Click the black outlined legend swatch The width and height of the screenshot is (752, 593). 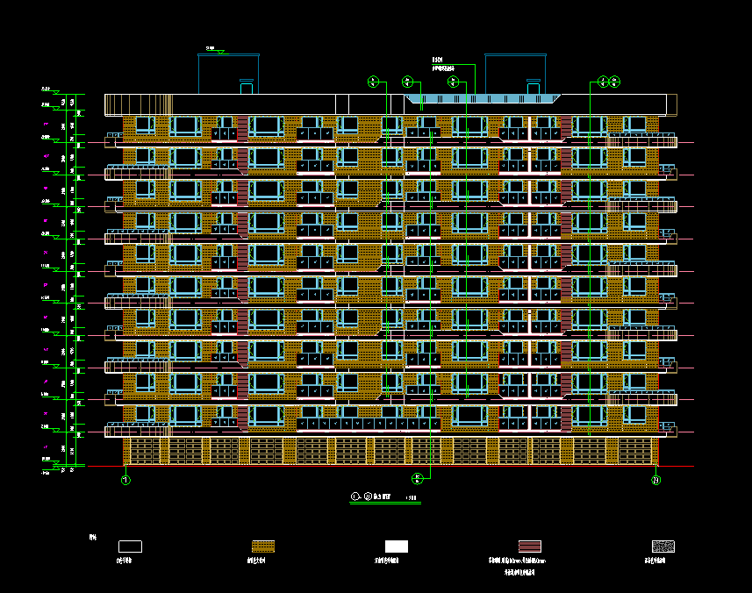pyautogui.click(x=130, y=547)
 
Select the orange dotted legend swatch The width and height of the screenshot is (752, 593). pyautogui.click(x=263, y=547)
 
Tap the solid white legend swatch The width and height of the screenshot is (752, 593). pyautogui.click(x=397, y=547)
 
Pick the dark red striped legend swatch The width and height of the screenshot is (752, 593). pyautogui.click(x=529, y=547)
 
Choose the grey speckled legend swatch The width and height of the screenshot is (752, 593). pyautogui.click(x=662, y=547)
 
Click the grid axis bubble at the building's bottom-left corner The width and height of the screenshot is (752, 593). pyautogui.click(x=125, y=480)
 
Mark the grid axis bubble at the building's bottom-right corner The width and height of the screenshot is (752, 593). pyautogui.click(x=655, y=480)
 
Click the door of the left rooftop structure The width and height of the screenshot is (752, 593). pyautogui.click(x=247, y=87)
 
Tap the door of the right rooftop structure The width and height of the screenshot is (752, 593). pyautogui.click(x=533, y=87)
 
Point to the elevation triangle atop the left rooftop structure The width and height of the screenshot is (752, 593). pyautogui.click(x=220, y=51)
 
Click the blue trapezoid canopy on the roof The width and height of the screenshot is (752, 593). pyautogui.click(x=483, y=99)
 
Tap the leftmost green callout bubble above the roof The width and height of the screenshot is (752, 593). pyautogui.click(x=373, y=82)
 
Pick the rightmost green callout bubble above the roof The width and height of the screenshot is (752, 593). pyautogui.click(x=614, y=82)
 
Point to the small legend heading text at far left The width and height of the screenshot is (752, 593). pyautogui.click(x=92, y=536)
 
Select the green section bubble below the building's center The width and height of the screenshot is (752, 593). pyautogui.click(x=418, y=478)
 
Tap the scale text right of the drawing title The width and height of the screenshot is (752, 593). pyautogui.click(x=411, y=498)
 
